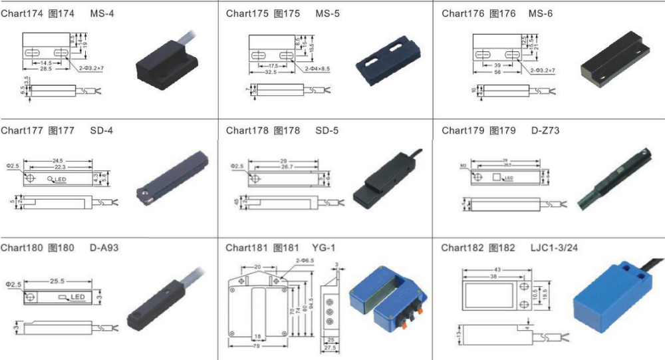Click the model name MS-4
102,13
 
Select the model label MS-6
540,13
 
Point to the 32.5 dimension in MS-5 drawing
269,72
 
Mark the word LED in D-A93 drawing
78,297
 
